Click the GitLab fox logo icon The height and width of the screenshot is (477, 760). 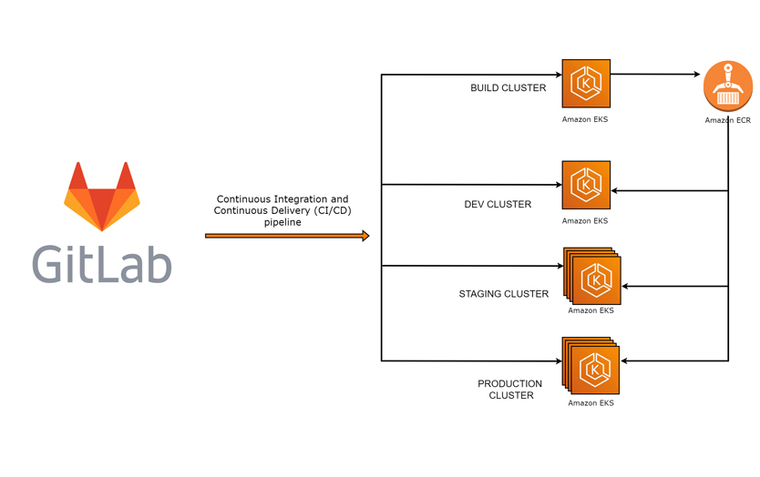pyautogui.click(x=101, y=196)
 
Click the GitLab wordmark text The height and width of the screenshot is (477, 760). pyautogui.click(x=101, y=262)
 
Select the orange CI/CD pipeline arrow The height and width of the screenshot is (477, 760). pyautogui.click(x=287, y=236)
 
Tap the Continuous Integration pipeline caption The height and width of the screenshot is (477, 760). pyautogui.click(x=282, y=210)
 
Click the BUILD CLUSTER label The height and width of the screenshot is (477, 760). pyautogui.click(x=508, y=88)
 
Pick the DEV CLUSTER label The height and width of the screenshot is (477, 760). pyautogui.click(x=498, y=204)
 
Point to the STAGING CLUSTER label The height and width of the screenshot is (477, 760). pyautogui.click(x=504, y=294)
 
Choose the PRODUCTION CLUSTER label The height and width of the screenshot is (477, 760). pyautogui.click(x=510, y=390)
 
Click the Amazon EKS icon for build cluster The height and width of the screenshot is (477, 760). pyautogui.click(x=586, y=84)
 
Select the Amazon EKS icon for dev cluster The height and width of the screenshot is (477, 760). pyautogui.click(x=586, y=185)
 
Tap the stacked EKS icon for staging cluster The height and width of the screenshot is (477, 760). pyautogui.click(x=592, y=276)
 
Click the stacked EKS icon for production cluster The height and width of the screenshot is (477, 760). pyautogui.click(x=592, y=367)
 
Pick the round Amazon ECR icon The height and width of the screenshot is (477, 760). pyautogui.click(x=728, y=86)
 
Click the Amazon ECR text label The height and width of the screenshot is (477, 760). pyautogui.click(x=727, y=120)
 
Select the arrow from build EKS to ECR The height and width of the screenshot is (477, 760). pyautogui.click(x=656, y=75)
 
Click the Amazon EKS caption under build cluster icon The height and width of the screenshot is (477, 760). pyautogui.click(x=585, y=119)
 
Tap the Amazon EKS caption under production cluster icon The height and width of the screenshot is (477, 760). pyautogui.click(x=591, y=403)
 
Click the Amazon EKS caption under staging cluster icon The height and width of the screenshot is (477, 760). pyautogui.click(x=591, y=310)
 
